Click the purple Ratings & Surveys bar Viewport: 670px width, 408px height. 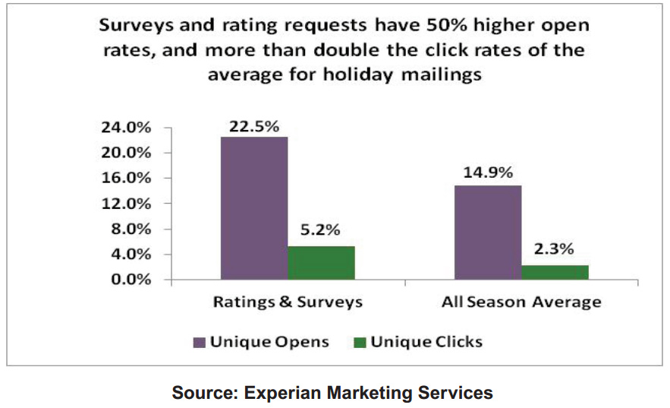click(254, 208)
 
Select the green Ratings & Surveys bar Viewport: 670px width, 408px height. click(321, 263)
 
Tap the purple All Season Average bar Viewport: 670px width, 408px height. click(487, 232)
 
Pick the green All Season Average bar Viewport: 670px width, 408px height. click(555, 272)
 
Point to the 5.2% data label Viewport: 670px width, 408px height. click(321, 230)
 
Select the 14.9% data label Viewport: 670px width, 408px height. click(488, 173)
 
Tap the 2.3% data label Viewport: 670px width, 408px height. click(555, 248)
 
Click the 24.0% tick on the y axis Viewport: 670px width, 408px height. click(126, 128)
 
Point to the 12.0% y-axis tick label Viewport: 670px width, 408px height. click(126, 204)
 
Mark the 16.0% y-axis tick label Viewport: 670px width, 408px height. click(126, 179)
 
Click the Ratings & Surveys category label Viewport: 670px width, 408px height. click(288, 302)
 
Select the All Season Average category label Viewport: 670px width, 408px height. click(521, 302)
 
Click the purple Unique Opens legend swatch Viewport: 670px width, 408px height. click(200, 343)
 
